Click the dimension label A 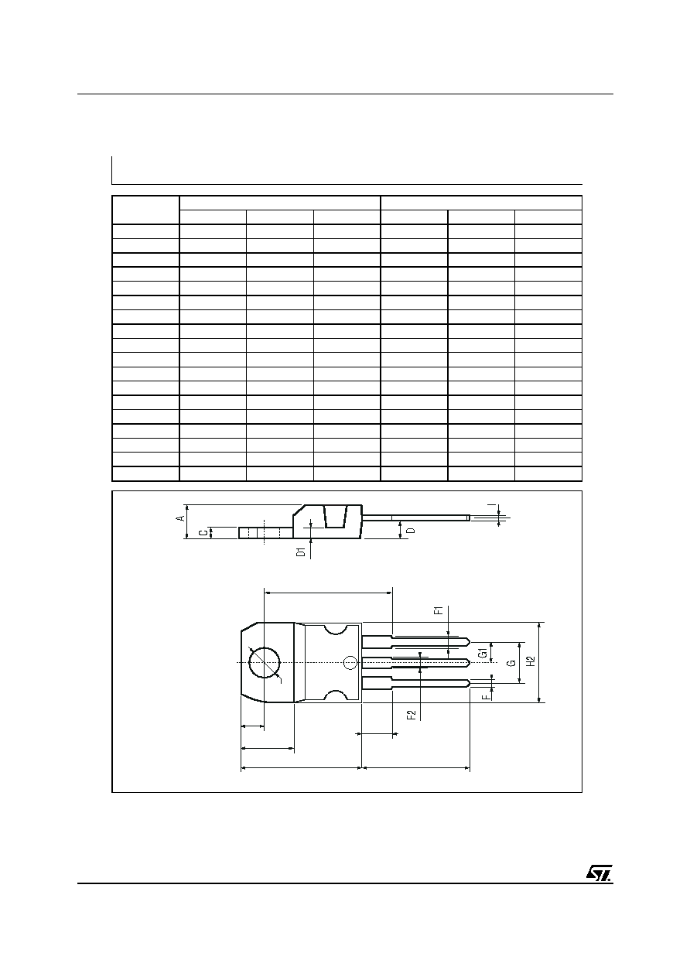click(x=180, y=518)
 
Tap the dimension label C click(x=203, y=532)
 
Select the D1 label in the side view click(x=300, y=552)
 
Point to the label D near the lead click(x=411, y=531)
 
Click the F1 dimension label click(x=439, y=610)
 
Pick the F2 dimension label click(x=411, y=715)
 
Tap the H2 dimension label click(x=531, y=661)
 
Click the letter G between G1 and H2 click(x=512, y=662)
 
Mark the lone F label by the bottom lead click(x=485, y=697)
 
